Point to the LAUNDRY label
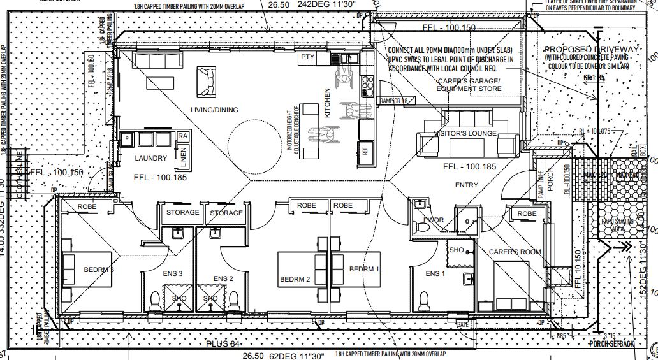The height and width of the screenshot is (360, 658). pyautogui.click(x=150, y=158)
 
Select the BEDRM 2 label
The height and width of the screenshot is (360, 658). pyautogui.click(x=295, y=280)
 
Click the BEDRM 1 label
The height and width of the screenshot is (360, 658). pyautogui.click(x=364, y=269)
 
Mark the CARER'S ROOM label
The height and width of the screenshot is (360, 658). pyautogui.click(x=515, y=252)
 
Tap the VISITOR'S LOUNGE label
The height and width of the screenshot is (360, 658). pyautogui.click(x=465, y=133)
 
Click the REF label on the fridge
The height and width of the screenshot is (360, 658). pyautogui.click(x=365, y=152)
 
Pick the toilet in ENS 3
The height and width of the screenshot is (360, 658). pyautogui.click(x=154, y=299)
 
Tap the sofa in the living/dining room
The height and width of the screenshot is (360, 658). pyautogui.click(x=207, y=80)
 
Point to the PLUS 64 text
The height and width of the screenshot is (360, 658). pyautogui.click(x=224, y=344)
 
